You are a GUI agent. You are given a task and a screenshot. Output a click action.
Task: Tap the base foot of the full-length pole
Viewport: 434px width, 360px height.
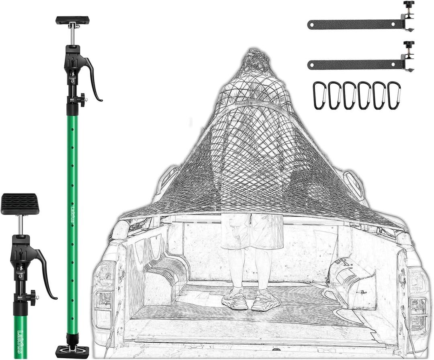click(72, 351)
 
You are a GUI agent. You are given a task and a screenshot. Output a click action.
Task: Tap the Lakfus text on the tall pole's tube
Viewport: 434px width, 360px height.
click(72, 209)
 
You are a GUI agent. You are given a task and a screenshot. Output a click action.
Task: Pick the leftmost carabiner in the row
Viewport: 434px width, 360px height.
click(319, 95)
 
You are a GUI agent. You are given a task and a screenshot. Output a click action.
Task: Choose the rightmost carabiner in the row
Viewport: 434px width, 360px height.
click(394, 95)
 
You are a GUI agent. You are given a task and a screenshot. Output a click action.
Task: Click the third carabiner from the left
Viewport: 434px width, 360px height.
click(349, 95)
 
